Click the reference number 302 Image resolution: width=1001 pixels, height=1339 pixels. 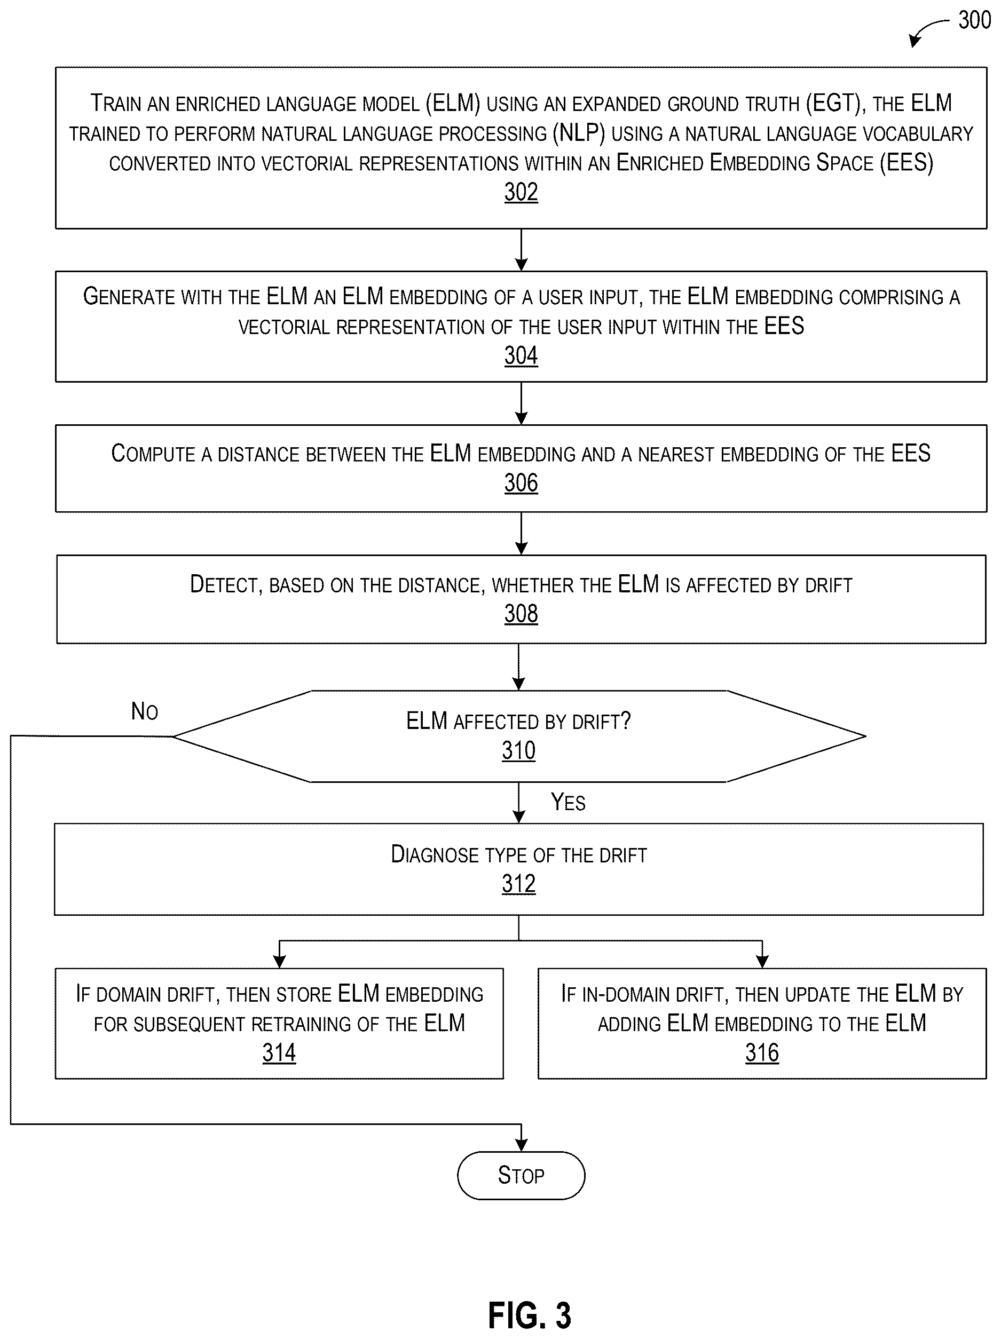pyautogui.click(x=521, y=193)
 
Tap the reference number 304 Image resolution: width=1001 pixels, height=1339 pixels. pyautogui.click(x=521, y=355)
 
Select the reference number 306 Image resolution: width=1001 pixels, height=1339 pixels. pyautogui.click(x=521, y=483)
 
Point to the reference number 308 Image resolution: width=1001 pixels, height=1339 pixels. pyautogui.click(x=521, y=614)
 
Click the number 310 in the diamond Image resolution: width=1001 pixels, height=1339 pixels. pyautogui.click(x=518, y=750)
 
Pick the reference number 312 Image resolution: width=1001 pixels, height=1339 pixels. pyautogui.click(x=518, y=884)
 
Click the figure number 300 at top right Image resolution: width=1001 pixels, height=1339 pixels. pyautogui.click(x=974, y=20)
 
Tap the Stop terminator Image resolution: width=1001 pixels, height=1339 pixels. pyautogui.click(x=521, y=1175)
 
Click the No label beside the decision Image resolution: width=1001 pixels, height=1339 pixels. pyautogui.click(x=145, y=711)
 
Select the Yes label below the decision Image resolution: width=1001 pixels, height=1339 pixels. pyautogui.click(x=568, y=802)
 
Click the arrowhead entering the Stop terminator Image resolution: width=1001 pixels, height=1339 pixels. pyautogui.click(x=521, y=1145)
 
